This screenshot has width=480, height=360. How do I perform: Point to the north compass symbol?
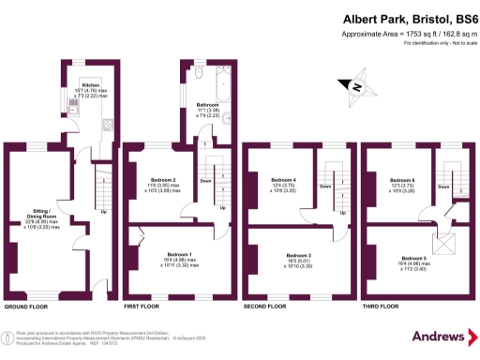coord(356,88)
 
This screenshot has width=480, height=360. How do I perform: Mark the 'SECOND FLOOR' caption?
coord(265,307)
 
